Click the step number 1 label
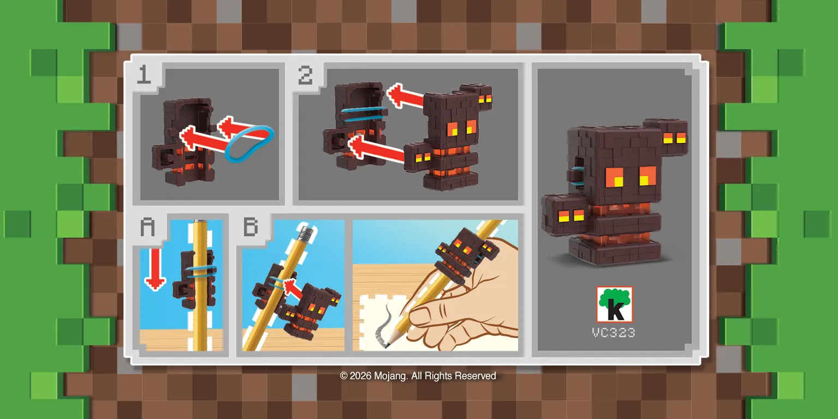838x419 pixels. click(x=144, y=74)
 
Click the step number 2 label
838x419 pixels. click(x=305, y=74)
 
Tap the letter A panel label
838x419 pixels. click(x=148, y=226)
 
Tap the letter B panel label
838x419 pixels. click(x=251, y=226)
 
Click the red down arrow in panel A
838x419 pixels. click(x=155, y=267)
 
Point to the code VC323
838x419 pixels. click(x=614, y=332)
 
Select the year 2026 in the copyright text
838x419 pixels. click(x=360, y=376)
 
